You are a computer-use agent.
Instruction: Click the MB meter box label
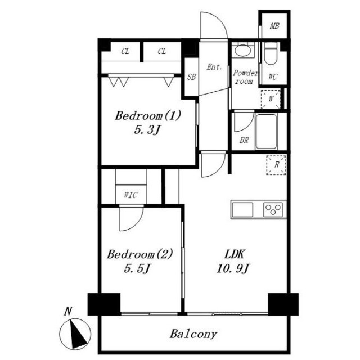(274, 26)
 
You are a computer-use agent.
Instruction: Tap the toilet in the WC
(271, 54)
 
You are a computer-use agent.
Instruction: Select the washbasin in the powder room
(243, 51)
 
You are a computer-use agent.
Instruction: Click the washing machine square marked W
(271, 99)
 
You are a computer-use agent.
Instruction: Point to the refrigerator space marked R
(276, 165)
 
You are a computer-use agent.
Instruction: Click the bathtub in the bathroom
(266, 132)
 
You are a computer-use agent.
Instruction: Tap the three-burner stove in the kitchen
(273, 210)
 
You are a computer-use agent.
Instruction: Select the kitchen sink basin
(242, 210)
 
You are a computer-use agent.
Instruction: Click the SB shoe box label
(191, 76)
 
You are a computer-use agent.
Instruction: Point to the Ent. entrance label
(214, 67)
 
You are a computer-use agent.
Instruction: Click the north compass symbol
(75, 334)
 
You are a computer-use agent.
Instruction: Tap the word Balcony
(193, 334)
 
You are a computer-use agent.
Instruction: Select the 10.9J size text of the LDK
(233, 268)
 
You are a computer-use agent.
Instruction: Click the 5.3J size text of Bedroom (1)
(147, 130)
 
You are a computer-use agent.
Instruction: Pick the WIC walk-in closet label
(130, 195)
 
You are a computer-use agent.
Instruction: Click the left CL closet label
(125, 51)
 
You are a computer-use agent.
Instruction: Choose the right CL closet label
(161, 51)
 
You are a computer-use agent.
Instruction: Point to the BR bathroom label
(244, 140)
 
